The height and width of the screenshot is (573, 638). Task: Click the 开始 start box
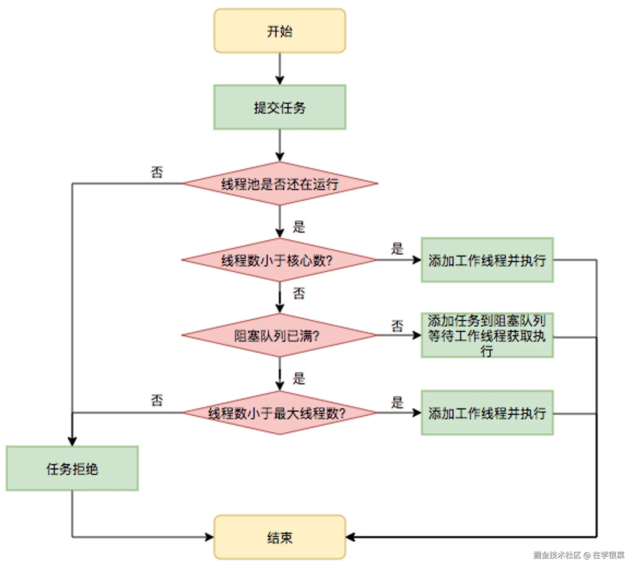click(x=279, y=31)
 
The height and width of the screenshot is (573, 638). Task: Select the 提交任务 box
click(x=279, y=107)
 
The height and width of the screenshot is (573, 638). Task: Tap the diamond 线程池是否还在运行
click(x=279, y=184)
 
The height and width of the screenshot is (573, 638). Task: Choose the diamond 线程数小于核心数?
click(x=279, y=260)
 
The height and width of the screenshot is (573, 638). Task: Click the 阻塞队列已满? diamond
click(x=279, y=335)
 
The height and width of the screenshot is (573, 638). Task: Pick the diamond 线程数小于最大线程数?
click(x=279, y=413)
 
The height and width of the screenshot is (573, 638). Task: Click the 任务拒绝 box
click(x=72, y=468)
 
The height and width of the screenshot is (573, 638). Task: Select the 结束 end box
click(x=279, y=537)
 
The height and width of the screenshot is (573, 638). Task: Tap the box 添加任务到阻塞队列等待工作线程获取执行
click(x=487, y=335)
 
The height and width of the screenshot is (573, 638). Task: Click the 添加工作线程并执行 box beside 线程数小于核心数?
click(x=487, y=260)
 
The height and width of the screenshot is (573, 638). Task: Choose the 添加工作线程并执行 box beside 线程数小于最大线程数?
click(x=487, y=413)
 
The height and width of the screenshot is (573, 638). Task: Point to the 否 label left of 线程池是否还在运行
click(x=157, y=172)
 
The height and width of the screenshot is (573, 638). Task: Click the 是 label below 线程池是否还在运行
click(x=299, y=227)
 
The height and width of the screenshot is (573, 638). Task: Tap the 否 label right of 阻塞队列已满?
click(x=397, y=326)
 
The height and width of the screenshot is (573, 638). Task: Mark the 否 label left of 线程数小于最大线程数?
click(x=157, y=400)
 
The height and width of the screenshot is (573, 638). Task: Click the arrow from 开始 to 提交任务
click(x=279, y=69)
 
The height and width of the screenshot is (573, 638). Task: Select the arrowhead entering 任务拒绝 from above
click(x=72, y=441)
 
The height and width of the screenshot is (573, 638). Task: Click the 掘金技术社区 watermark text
click(x=557, y=555)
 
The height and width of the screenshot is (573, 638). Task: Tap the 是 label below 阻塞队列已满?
click(x=299, y=379)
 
